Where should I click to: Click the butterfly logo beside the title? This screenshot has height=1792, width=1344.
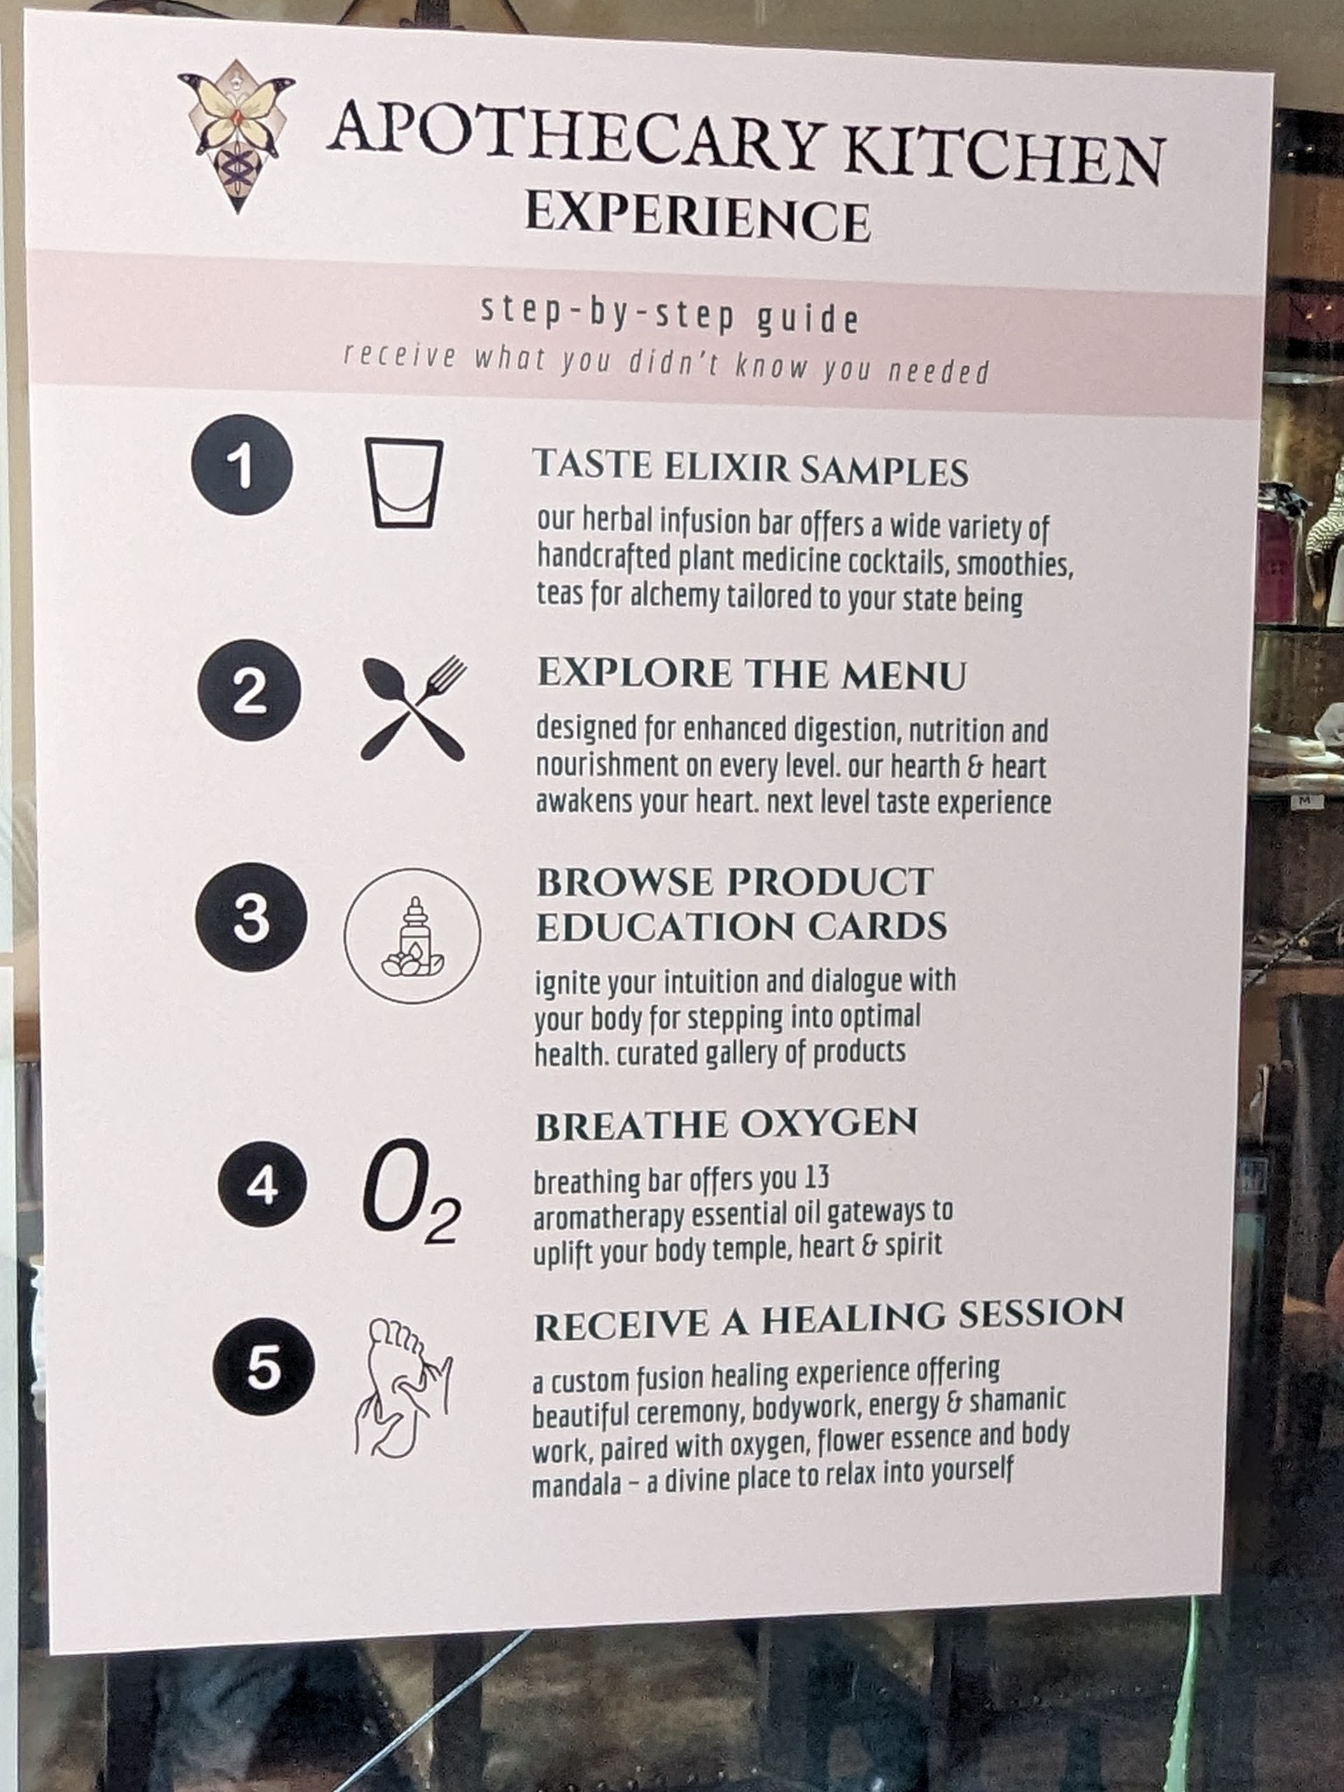click(237, 134)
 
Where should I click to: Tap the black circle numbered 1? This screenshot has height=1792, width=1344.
click(241, 465)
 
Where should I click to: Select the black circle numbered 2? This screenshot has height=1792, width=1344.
click(248, 690)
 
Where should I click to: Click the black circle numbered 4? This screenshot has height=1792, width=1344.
click(262, 1184)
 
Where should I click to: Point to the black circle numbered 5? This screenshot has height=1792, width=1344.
click(262, 1368)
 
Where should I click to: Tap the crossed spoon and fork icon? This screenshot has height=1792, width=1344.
click(413, 709)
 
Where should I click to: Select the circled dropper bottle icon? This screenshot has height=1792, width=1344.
click(412, 936)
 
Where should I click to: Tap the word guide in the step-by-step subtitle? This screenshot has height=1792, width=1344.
click(807, 319)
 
